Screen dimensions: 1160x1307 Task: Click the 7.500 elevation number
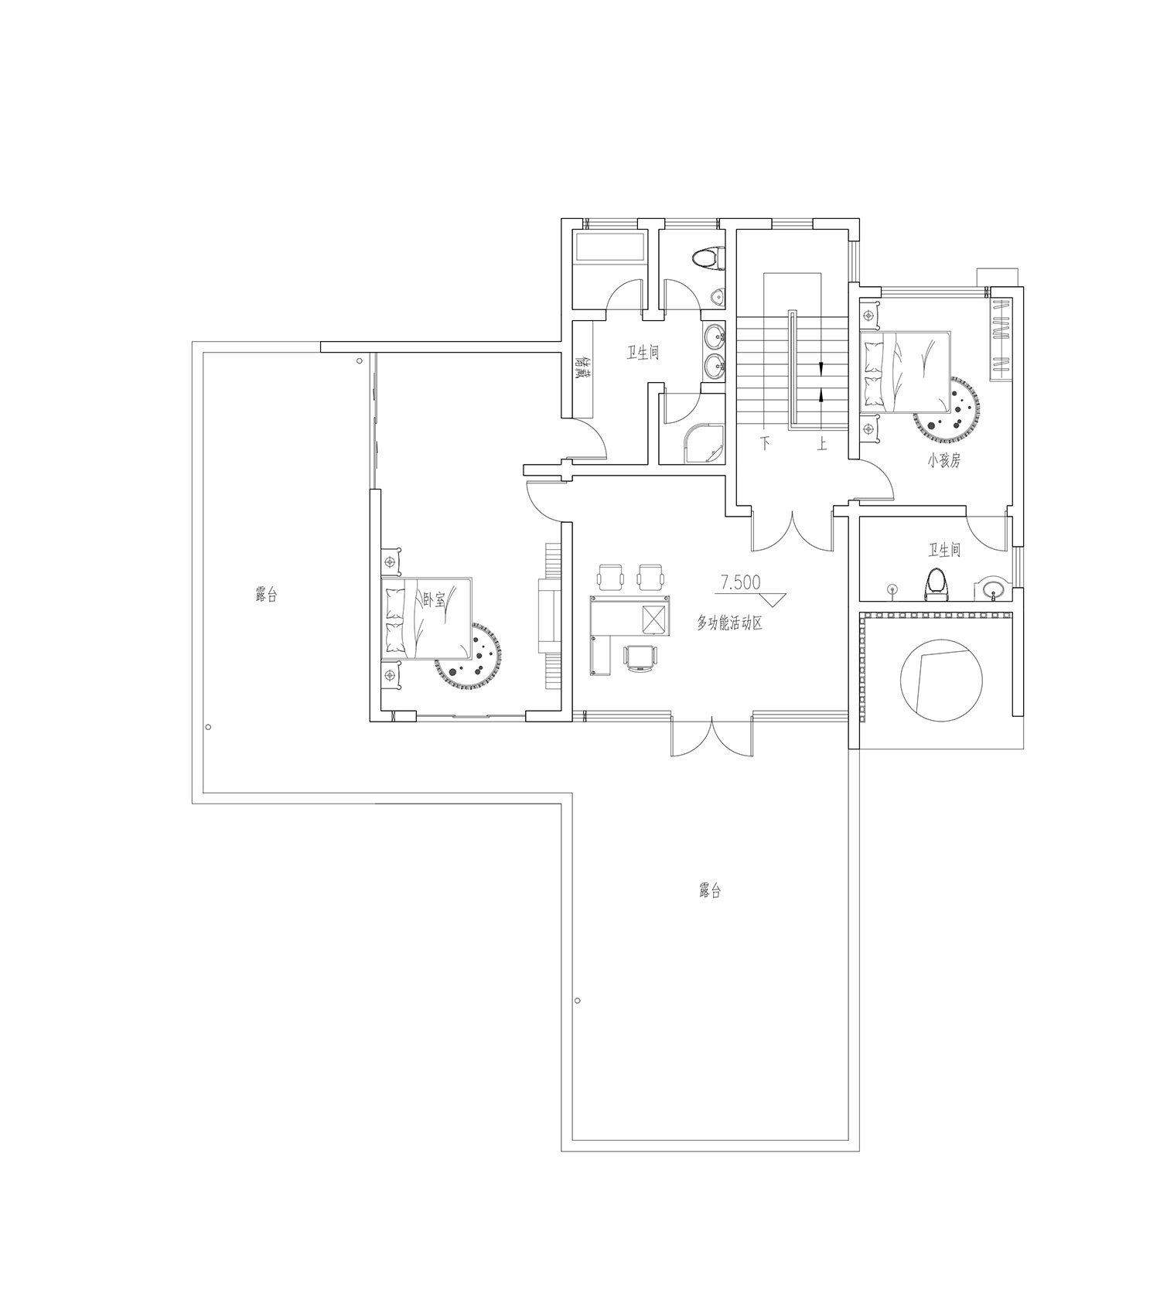740,582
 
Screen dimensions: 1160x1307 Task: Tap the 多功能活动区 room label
729,622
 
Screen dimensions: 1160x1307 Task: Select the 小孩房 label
944,460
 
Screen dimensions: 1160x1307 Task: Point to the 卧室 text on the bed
435,599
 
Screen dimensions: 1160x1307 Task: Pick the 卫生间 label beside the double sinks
643,353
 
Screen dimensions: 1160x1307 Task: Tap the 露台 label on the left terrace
266,595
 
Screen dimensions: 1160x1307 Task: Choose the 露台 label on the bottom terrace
709,890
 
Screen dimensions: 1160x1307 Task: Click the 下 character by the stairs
766,443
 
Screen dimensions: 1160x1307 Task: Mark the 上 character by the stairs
821,443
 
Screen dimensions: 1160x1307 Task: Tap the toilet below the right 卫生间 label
937,583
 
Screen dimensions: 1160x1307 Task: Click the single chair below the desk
642,657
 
